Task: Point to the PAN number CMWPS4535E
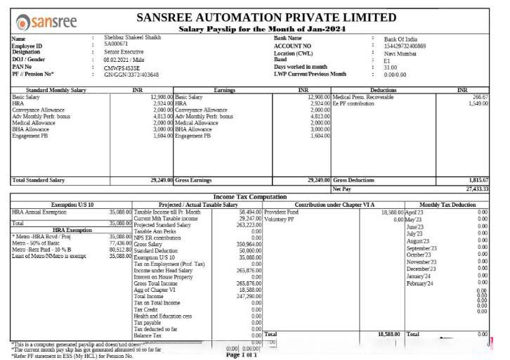117,67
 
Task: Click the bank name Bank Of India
401,39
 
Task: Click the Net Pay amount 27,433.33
477,188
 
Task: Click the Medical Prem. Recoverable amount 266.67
480,97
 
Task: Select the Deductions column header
383,90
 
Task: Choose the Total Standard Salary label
40,181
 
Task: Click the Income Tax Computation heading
249,197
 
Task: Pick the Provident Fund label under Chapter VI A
282,212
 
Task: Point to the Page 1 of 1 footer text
241,355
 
